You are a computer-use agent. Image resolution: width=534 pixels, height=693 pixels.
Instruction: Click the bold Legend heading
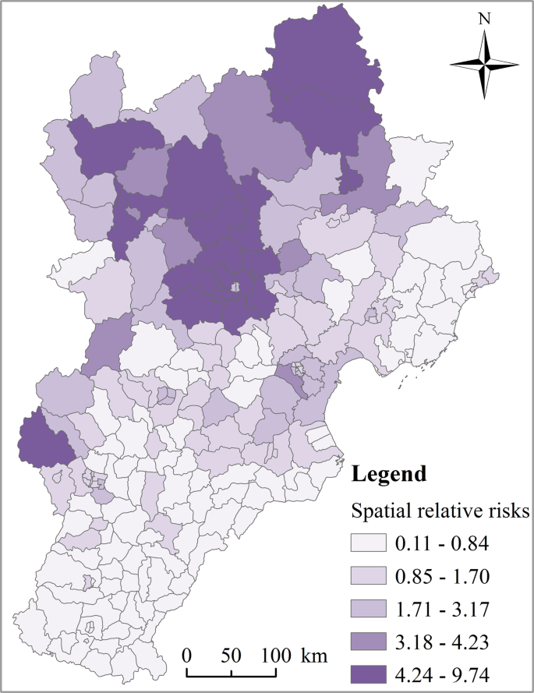tap(389, 473)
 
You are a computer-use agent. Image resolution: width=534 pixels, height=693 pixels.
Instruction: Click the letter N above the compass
tap(484, 18)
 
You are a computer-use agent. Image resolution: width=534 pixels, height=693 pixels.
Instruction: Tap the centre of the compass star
tap(484, 64)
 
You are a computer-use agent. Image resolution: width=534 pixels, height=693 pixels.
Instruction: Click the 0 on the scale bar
tap(187, 654)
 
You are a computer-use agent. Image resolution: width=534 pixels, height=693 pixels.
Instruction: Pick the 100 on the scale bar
tap(274, 654)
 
